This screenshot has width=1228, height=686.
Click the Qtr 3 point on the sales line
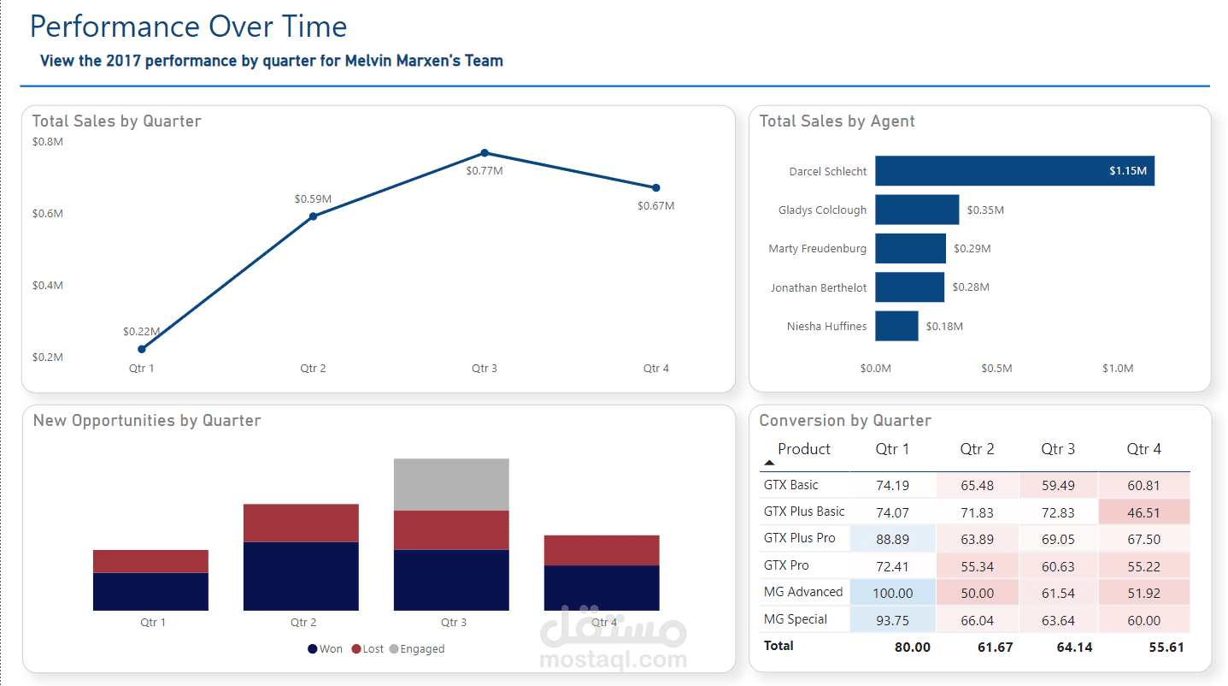tap(485, 153)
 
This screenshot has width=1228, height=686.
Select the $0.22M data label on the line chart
tap(141, 331)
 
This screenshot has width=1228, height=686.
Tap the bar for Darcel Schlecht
tap(1014, 171)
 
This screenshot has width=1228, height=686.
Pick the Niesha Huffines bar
tap(896, 326)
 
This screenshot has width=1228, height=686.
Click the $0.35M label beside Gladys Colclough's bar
tap(985, 210)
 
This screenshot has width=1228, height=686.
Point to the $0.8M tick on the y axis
tap(48, 141)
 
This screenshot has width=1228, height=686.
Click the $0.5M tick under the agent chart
tap(996, 369)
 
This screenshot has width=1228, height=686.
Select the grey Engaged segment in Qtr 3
tap(451, 484)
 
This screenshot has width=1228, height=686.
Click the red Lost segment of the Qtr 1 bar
tap(150, 561)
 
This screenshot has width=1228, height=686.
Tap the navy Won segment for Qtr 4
tap(602, 588)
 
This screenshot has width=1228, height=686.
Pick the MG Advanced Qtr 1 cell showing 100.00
tap(893, 593)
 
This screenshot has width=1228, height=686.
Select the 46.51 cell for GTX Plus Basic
tap(1143, 512)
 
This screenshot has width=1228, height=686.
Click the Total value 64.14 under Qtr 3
tap(1075, 647)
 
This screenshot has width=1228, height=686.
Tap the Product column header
tap(803, 449)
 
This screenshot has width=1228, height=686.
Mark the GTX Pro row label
tap(786, 565)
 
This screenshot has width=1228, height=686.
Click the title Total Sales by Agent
tap(837, 121)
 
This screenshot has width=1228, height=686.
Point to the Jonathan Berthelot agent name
tap(818, 287)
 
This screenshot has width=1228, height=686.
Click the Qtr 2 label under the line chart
tap(313, 369)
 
